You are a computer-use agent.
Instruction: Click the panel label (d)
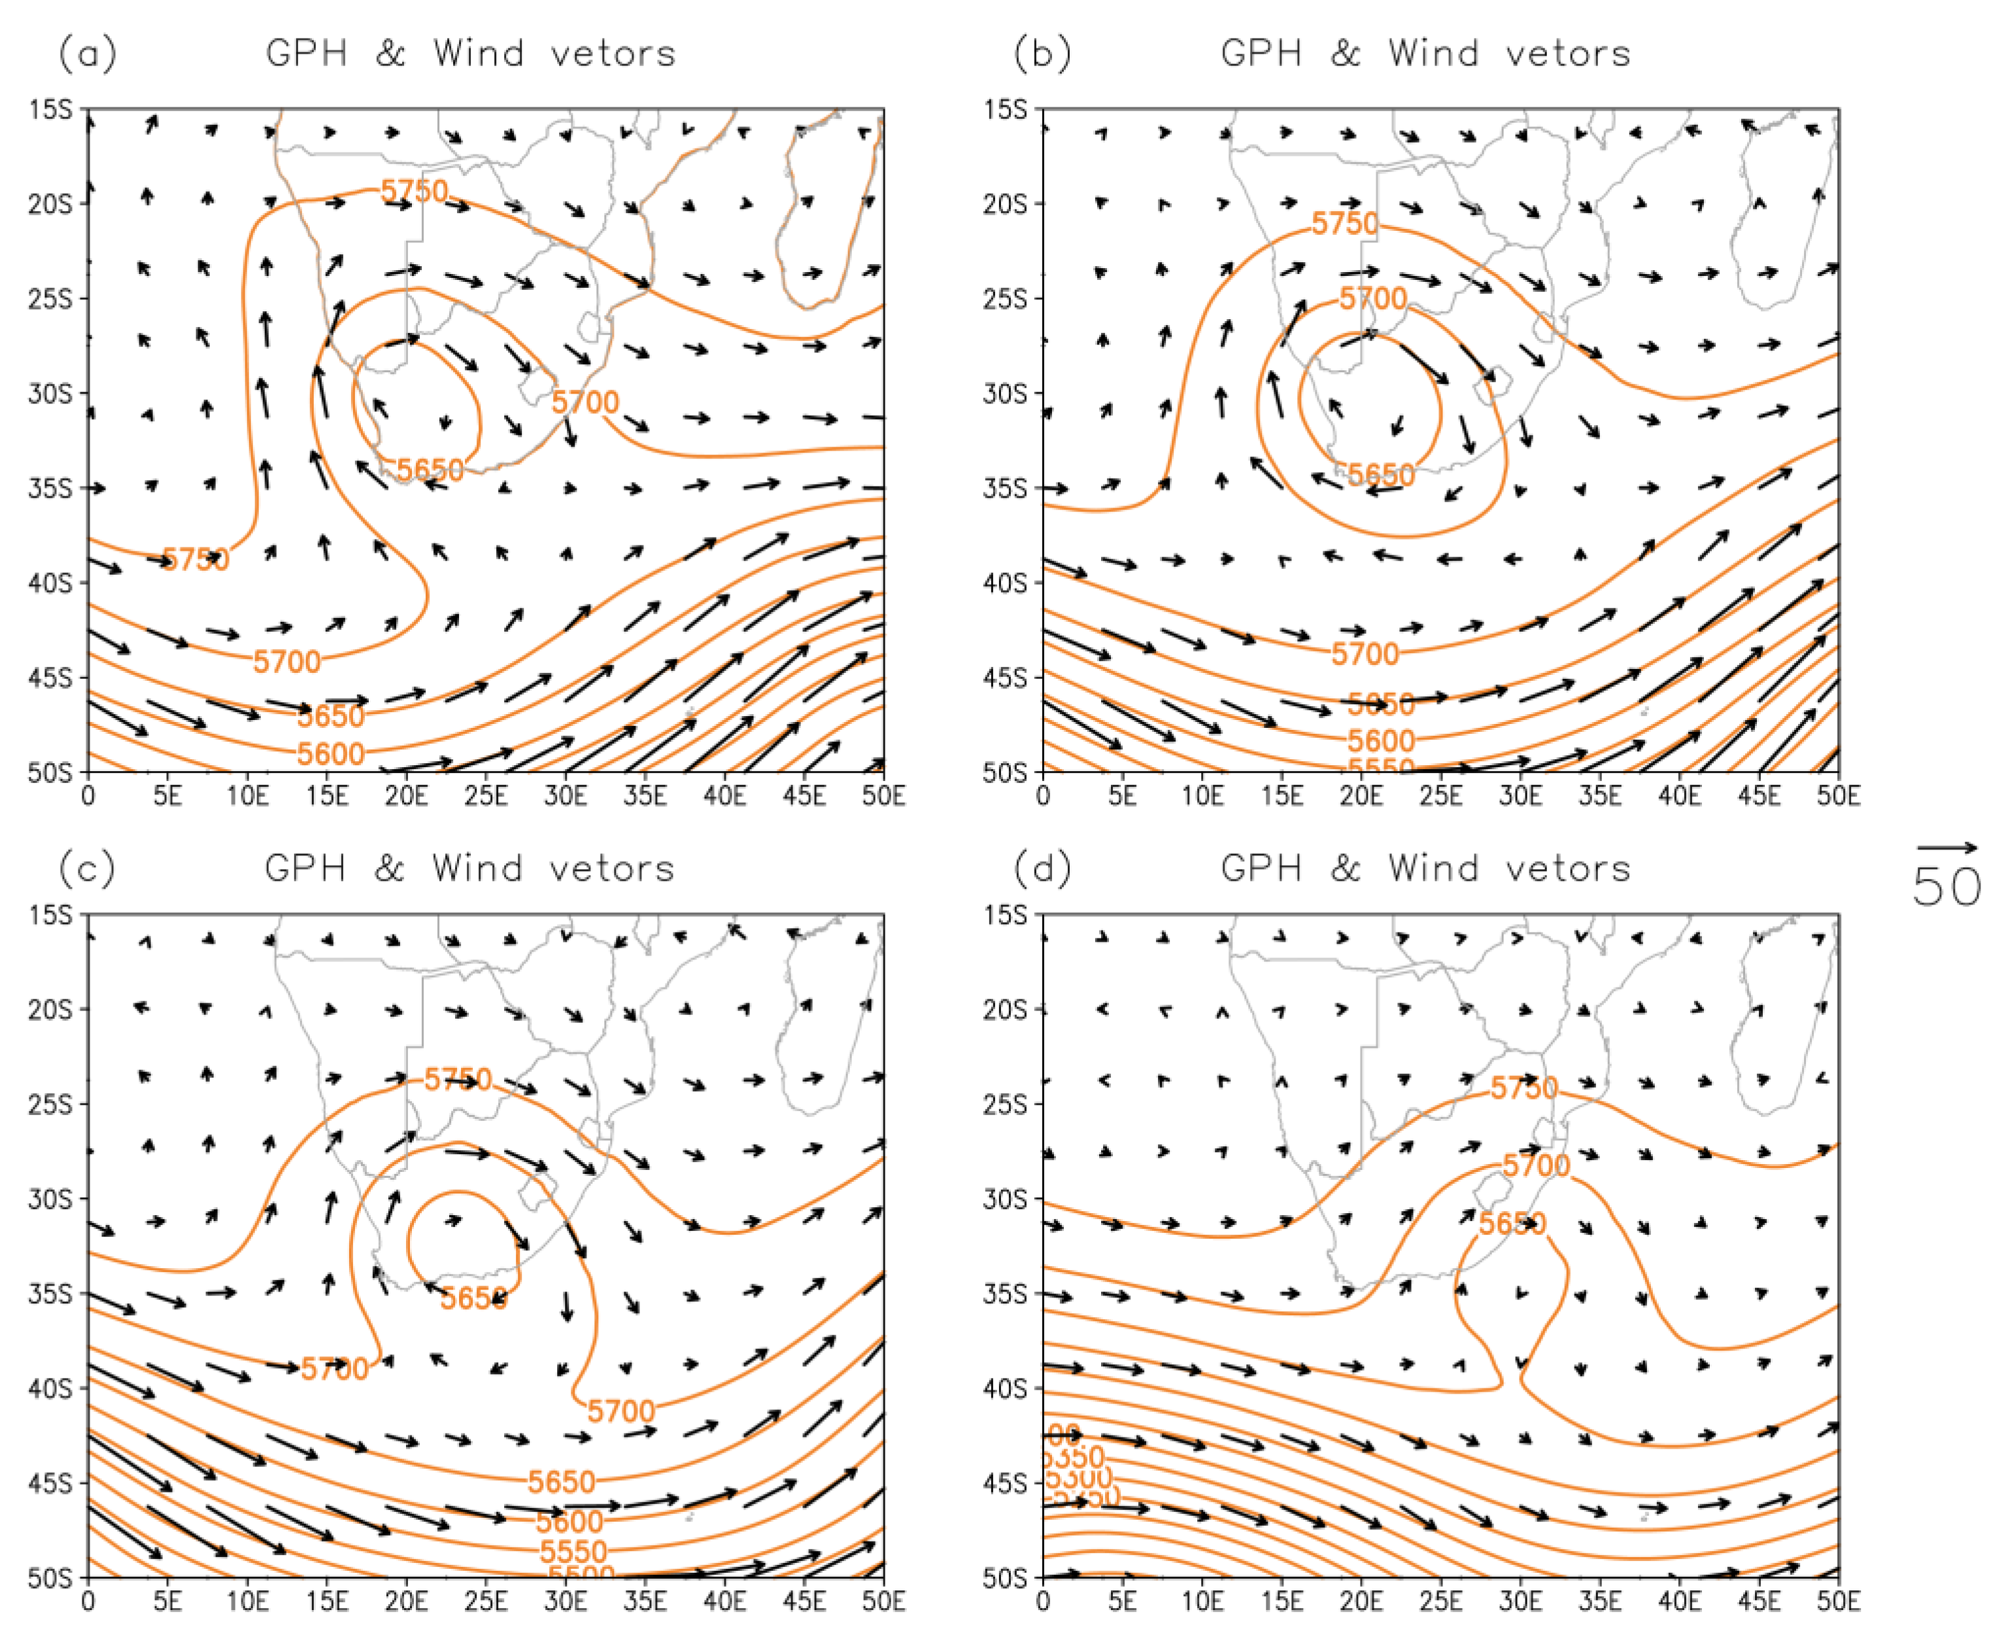coord(1042,868)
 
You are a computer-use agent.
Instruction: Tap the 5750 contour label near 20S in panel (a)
coord(415,191)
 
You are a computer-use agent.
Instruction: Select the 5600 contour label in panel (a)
coord(331,753)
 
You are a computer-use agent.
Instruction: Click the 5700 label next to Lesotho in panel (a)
coord(585,402)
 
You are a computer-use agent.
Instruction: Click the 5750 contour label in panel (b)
coord(1344,224)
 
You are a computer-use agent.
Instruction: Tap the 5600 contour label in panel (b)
coord(1381,740)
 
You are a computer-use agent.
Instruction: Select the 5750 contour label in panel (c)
coord(458,1079)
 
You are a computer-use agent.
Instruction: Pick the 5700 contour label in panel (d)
coord(1536,1165)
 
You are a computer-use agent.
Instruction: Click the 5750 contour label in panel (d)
coord(1523,1088)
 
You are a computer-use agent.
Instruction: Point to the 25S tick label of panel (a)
coord(50,298)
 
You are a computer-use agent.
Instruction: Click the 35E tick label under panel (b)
coord(1599,795)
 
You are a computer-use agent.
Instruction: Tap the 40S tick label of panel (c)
coord(50,1388)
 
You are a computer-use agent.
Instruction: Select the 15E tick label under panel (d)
coord(1281,1600)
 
